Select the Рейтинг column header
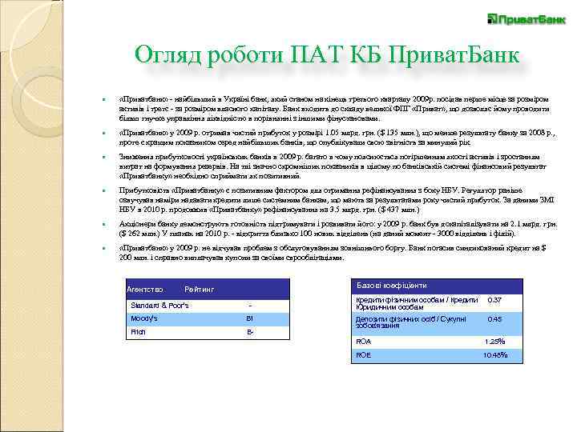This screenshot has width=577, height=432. coord(200,288)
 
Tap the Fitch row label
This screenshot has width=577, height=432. coord(138,331)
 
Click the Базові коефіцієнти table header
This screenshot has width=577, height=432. coord(392,286)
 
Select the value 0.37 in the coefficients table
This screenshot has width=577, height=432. coord(494,300)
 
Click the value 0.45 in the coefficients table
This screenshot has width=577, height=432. coord(494,318)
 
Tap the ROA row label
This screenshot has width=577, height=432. coord(364,341)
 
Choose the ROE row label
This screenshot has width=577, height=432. coord(364,354)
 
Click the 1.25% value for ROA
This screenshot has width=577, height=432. coord(494,341)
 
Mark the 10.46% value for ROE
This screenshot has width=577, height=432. coord(494,354)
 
